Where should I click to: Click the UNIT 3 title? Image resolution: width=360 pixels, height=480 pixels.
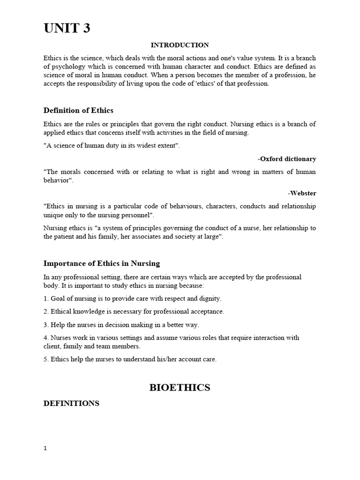pos(67,29)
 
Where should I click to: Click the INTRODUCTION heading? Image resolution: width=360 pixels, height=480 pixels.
pos(180,45)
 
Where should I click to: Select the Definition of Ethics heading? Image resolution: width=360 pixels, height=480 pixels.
pos(78,111)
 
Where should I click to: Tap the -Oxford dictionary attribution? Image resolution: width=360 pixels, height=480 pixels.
pos(287,159)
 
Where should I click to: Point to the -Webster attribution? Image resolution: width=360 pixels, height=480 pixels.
pos(302,193)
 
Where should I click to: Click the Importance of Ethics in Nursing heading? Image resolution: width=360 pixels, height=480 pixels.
pos(102,263)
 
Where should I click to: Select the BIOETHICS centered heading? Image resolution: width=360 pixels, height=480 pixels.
pos(180,388)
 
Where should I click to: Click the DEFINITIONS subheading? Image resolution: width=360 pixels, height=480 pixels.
pos(71,403)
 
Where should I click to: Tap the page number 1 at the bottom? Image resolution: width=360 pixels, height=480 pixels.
pos(45,448)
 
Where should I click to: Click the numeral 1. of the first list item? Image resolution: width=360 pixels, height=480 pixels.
pos(46,299)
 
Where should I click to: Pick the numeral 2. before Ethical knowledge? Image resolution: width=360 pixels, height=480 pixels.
pos(46,312)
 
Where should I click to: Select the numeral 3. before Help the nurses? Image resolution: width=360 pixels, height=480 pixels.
pos(46,325)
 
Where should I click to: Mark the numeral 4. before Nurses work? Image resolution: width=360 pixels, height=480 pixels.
pos(46,338)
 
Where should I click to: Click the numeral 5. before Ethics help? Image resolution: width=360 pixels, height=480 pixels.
pos(46,360)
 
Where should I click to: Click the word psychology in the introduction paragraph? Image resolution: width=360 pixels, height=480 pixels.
pos(67,67)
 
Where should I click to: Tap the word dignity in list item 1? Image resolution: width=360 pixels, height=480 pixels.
pos(210,299)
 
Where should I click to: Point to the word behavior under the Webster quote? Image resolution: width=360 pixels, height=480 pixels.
pos(57,180)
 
